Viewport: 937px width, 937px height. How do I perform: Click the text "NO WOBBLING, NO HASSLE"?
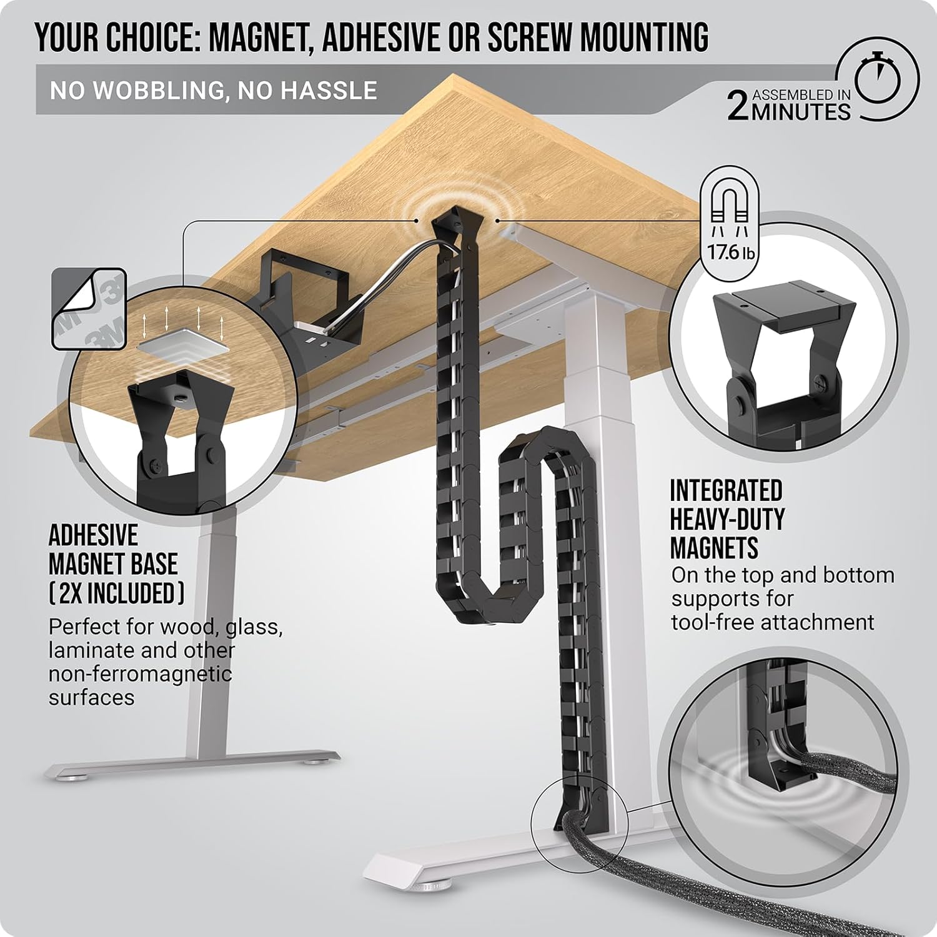point(214,91)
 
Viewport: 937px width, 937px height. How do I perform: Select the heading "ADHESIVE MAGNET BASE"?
point(113,550)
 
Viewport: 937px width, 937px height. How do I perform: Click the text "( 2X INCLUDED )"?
point(116,592)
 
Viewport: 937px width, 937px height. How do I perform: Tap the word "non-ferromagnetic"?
point(140,674)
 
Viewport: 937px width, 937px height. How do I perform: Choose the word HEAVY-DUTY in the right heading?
point(727,520)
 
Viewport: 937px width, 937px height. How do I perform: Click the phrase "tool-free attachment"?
point(773,622)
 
